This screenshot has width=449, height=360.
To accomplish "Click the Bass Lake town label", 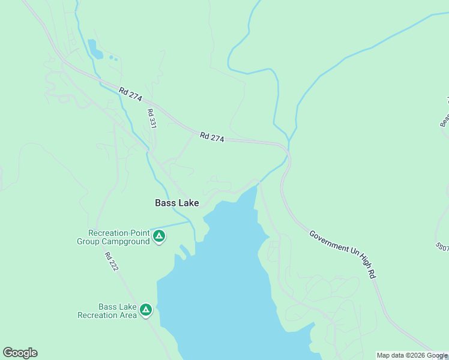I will tap(176, 203).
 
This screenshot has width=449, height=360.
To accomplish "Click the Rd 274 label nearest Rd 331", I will tap(130, 94).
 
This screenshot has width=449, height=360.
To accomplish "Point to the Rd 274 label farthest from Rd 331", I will tap(212, 137).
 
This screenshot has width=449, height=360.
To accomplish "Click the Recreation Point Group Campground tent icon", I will tap(159, 236).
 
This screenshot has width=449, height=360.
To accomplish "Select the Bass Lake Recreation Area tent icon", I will tap(145, 310).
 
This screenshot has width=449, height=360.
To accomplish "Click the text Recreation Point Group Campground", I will tap(113, 237).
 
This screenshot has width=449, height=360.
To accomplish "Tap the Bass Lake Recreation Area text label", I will tap(107, 310).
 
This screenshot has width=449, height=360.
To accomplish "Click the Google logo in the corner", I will tap(20, 353).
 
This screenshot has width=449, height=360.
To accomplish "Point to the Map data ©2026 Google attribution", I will tap(412, 355).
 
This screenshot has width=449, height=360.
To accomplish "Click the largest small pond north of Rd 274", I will tap(94, 49).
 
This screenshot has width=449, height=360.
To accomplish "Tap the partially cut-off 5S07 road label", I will tap(442, 247).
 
